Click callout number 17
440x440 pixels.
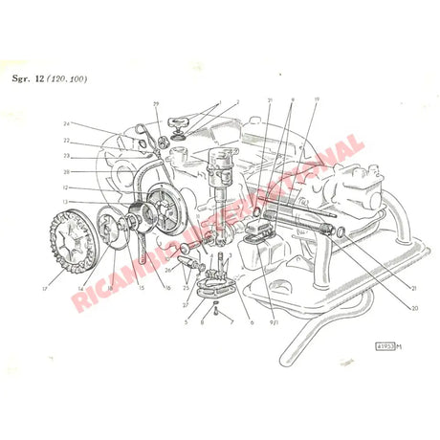pyautogui.click(x=44, y=288)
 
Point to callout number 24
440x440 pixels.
pyautogui.click(x=68, y=123)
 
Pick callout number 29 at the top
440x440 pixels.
pyautogui.click(x=155, y=102)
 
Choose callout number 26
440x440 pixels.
pyautogui.click(x=168, y=270)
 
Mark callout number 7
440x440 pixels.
pyautogui.click(x=231, y=322)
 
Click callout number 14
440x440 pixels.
pyautogui.click(x=80, y=288)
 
